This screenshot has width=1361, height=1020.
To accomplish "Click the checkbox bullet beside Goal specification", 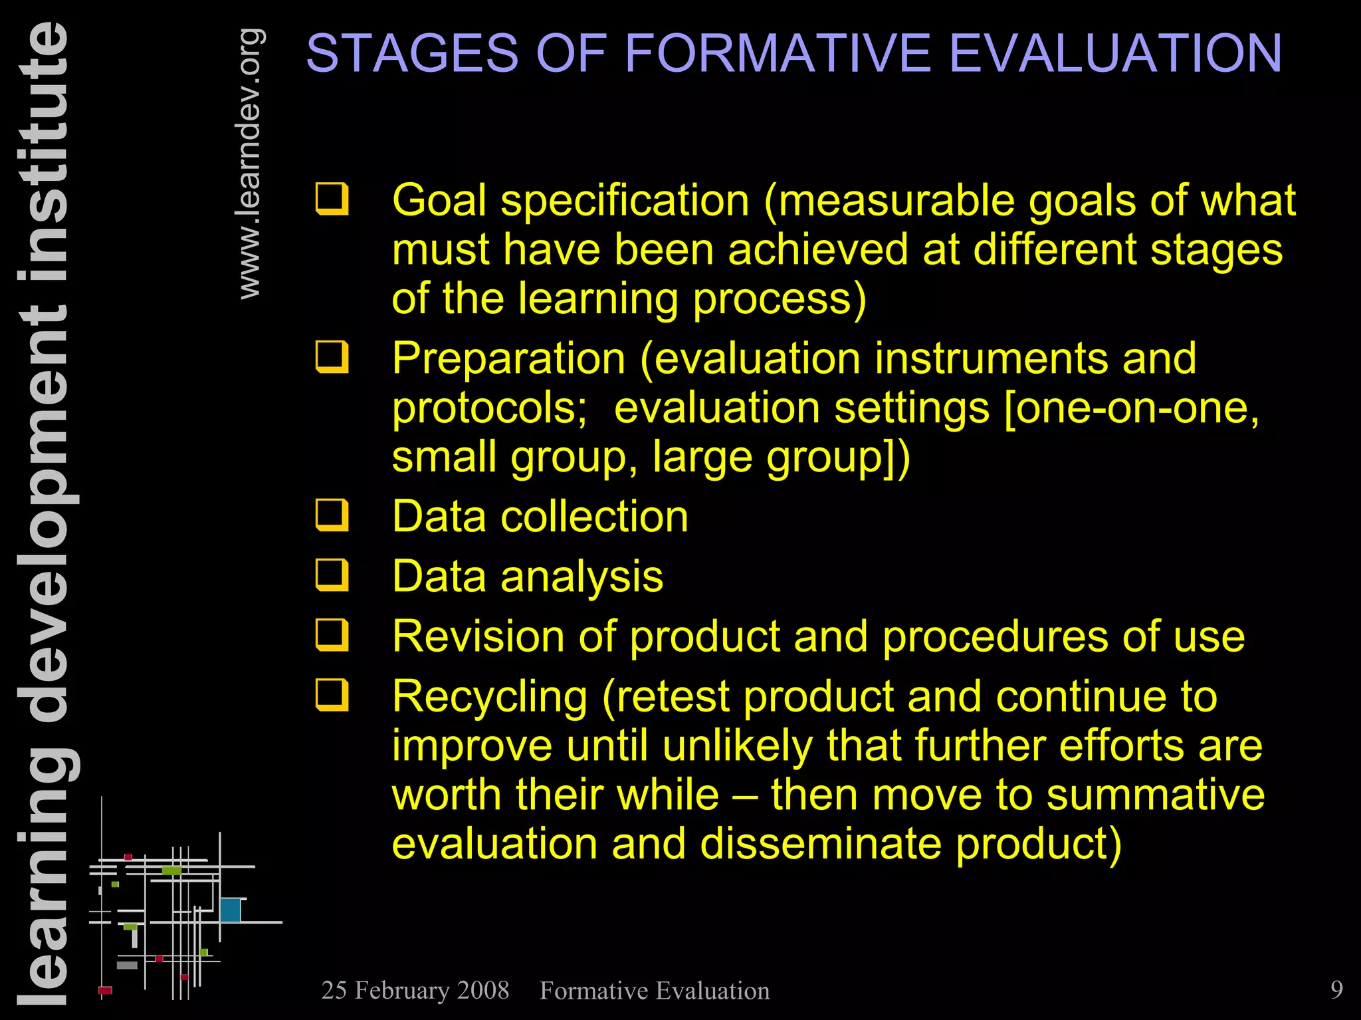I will [332, 199].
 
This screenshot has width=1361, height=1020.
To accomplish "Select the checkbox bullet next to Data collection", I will [332, 515].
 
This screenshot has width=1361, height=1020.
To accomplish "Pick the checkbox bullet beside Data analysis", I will [332, 575].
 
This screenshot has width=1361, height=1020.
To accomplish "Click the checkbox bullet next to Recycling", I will [332, 695].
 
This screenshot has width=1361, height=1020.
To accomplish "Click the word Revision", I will [478, 636].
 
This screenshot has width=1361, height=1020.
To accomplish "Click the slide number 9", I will [1336, 989].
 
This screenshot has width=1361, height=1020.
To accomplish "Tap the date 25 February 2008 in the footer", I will [415, 990].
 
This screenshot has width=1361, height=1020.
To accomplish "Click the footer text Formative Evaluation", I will [655, 991].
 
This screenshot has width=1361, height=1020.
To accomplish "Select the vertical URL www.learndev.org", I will [250, 164].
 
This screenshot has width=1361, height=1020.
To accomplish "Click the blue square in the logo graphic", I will [230, 910].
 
